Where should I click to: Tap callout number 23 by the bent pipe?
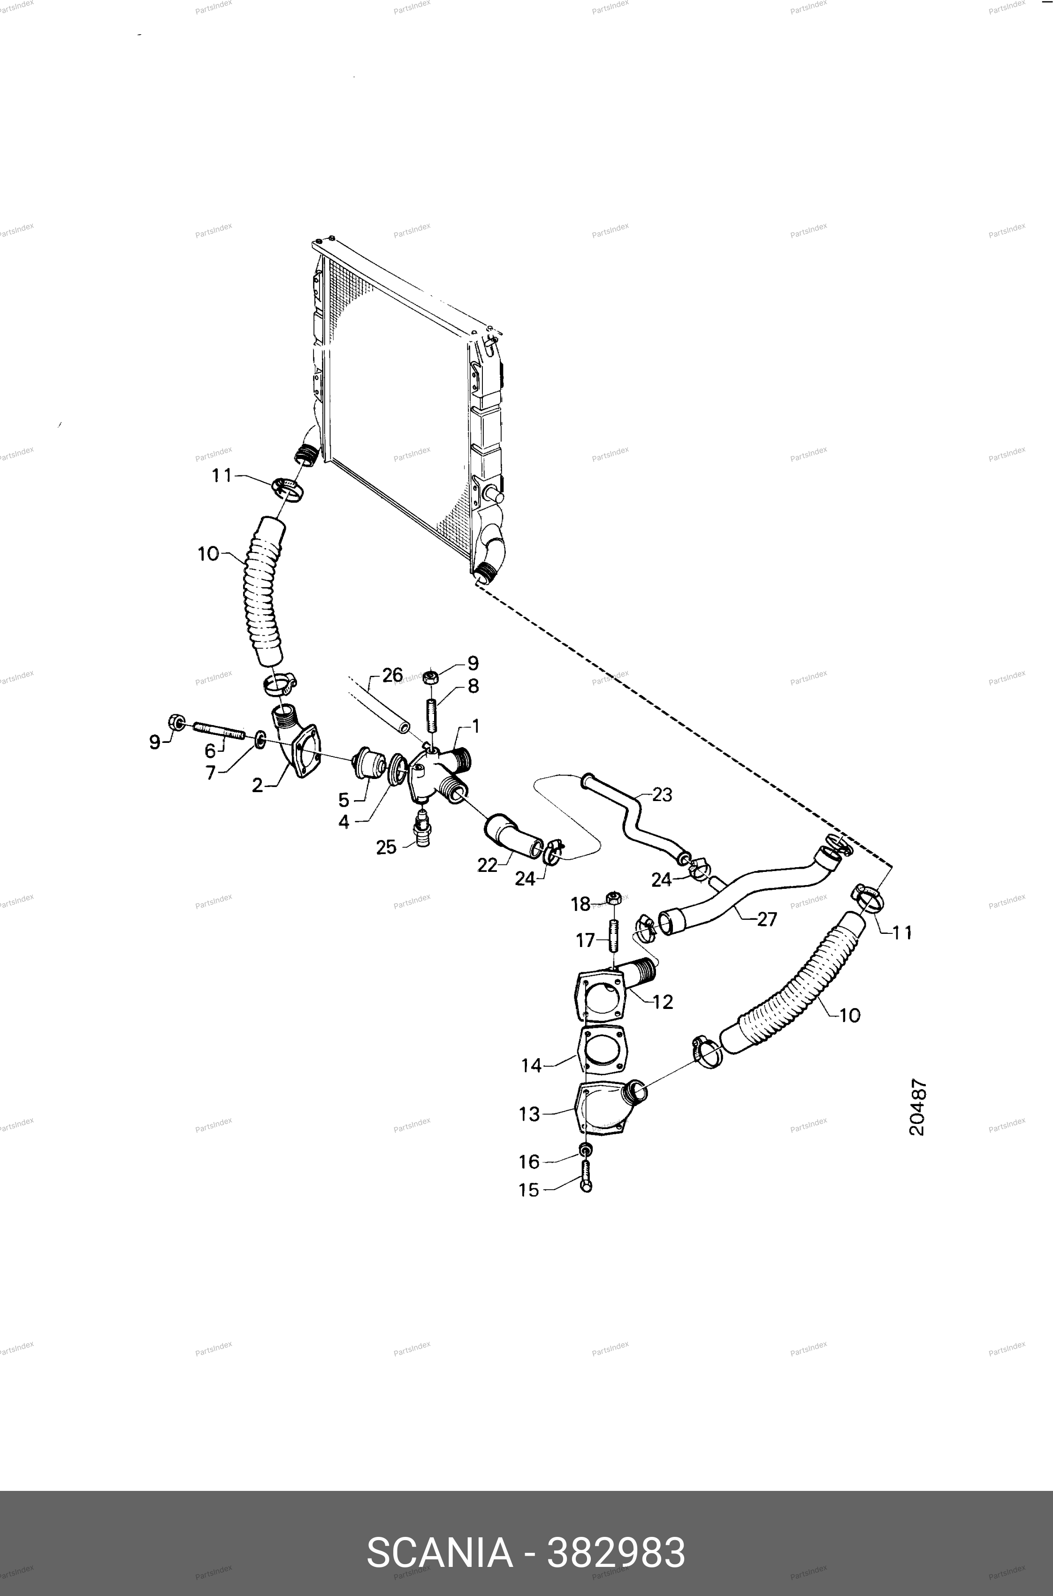coord(662,795)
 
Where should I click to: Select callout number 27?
coord(766,919)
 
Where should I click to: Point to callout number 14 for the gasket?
coord(531,1066)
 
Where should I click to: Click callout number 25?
coord(386,848)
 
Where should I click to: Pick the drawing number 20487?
coord(917,1108)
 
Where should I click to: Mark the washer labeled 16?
coord(585,1147)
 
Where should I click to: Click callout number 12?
coord(663,1002)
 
